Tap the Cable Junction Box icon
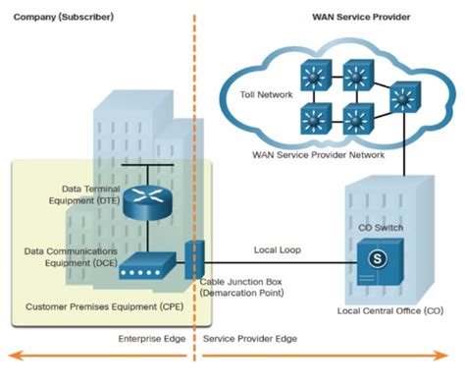point(192,258)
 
